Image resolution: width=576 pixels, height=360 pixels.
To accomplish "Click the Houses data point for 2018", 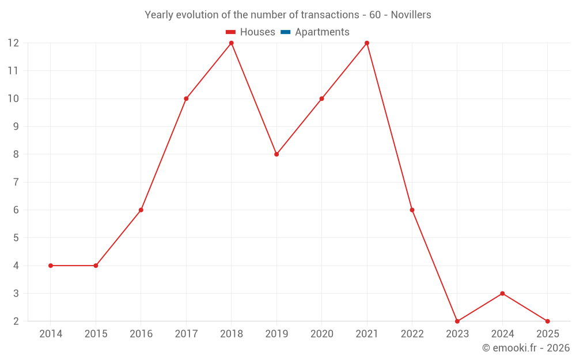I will click(x=231, y=43).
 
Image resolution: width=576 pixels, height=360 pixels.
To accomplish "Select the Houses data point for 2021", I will click(x=367, y=43).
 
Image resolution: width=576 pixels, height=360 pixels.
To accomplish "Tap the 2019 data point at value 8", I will click(x=276, y=154).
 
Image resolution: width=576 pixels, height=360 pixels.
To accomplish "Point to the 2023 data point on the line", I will click(x=457, y=321).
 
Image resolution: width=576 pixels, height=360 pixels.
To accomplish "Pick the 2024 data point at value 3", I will click(x=502, y=293).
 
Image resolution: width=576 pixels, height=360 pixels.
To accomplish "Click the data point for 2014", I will click(x=51, y=266).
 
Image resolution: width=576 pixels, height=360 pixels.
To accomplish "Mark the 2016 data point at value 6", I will click(x=141, y=210).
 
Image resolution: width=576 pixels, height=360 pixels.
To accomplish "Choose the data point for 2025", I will click(x=547, y=321).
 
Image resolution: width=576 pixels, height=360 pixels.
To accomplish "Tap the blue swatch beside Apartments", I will click(x=285, y=32).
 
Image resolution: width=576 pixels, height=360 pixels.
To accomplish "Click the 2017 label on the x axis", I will click(x=186, y=334).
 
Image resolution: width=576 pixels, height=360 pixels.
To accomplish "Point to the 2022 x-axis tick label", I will click(x=412, y=334).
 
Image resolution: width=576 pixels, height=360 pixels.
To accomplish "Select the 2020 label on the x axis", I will click(x=321, y=334).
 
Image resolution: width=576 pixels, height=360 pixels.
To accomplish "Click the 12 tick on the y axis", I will click(x=13, y=43).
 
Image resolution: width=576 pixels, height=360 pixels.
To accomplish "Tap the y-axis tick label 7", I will click(x=16, y=182).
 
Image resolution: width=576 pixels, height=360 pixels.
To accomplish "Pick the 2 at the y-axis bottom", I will click(x=16, y=321).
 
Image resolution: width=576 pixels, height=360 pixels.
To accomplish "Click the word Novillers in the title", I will click(x=411, y=15).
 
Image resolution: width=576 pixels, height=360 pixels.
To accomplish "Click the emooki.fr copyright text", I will click(x=526, y=348).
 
